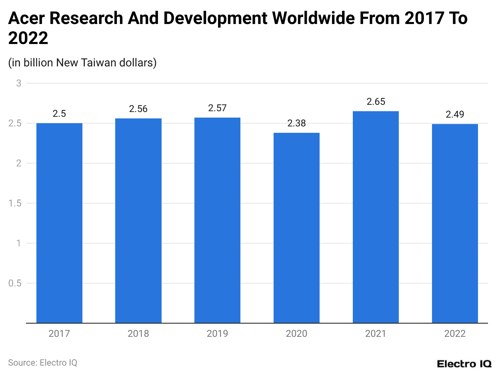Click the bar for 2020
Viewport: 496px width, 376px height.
point(296,228)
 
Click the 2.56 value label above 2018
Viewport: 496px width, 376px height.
point(138,109)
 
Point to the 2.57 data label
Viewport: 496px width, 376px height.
point(217,108)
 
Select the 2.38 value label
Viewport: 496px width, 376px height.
point(296,123)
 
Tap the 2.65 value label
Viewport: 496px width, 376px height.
point(376,102)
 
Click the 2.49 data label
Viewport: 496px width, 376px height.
point(455,114)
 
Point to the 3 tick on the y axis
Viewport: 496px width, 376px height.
point(18,83)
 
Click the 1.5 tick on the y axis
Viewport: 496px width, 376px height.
point(15,203)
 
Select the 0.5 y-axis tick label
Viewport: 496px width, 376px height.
point(15,283)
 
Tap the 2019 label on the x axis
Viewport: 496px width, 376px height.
point(217,334)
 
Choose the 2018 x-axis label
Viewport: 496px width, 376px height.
point(138,334)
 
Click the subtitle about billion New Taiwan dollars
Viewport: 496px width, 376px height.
point(82,62)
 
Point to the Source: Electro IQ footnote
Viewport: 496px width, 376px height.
point(42,362)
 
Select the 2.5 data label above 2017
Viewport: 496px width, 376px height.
point(59,114)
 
